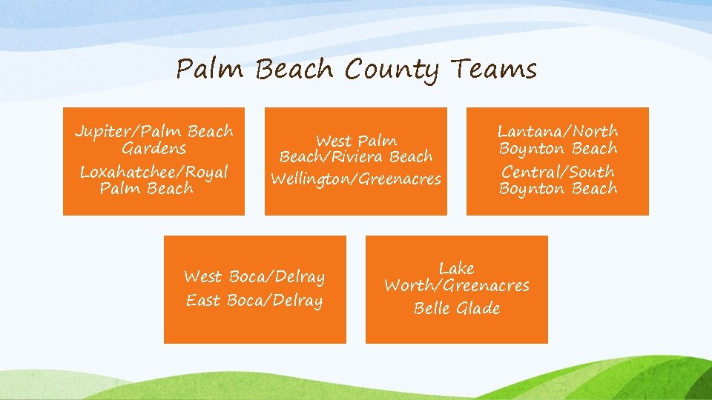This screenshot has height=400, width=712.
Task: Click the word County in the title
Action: point(392,70)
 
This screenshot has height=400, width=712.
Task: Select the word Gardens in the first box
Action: point(154,148)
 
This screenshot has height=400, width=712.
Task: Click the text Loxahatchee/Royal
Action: point(154,172)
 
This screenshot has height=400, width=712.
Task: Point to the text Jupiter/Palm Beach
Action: point(154,132)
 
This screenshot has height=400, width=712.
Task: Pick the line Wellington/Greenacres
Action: point(356,179)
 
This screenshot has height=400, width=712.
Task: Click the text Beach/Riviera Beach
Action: point(356,156)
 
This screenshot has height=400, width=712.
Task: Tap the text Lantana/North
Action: point(558,131)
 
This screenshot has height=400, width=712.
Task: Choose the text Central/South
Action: point(558,172)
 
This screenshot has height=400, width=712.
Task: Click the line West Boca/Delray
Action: point(254,277)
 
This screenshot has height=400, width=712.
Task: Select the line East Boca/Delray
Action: point(254,301)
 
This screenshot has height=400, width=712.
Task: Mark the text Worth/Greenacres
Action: point(457,285)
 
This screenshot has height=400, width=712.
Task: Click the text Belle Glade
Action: point(457,308)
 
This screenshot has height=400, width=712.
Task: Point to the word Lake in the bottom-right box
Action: point(457,268)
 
